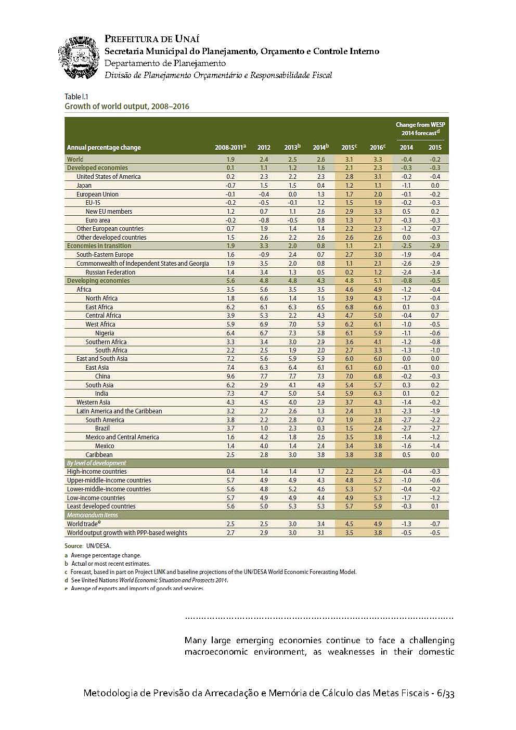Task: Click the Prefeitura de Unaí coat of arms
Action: click(79, 58)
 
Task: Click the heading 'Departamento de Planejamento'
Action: click(165, 63)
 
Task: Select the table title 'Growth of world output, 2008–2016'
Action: click(126, 107)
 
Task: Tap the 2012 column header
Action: click(264, 148)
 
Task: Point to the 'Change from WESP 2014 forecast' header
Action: click(420, 128)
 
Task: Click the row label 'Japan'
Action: click(84, 185)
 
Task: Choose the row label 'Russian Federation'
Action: click(110, 272)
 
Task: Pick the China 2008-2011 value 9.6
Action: click(230, 376)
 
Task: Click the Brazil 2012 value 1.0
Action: click(264, 428)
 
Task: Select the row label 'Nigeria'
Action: click(105, 333)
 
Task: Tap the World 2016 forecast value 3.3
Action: click(378, 159)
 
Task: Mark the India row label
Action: click(101, 394)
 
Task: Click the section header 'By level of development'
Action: click(96, 463)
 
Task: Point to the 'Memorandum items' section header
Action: click(92, 515)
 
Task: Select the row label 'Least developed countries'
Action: click(101, 506)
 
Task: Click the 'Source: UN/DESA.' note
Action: click(87, 546)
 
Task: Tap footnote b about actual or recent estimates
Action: click(107, 564)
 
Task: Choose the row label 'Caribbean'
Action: click(99, 454)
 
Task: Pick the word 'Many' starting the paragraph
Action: click(195, 641)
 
